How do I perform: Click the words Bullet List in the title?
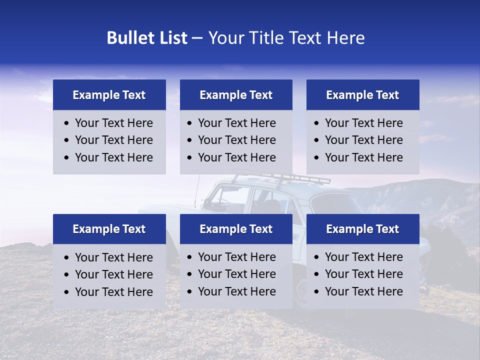click(147, 38)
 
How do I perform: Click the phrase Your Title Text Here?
click(286, 38)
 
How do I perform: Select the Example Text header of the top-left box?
click(109, 95)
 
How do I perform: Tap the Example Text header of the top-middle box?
click(236, 95)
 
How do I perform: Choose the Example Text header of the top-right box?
click(362, 95)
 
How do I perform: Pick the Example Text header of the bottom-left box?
click(109, 229)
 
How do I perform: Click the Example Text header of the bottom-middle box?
click(236, 229)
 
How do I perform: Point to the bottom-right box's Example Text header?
click(362, 229)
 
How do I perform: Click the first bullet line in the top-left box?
click(113, 123)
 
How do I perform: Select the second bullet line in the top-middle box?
click(236, 140)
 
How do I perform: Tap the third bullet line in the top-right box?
click(363, 157)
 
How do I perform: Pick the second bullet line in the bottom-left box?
click(113, 274)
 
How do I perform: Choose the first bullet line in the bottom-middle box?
click(236, 257)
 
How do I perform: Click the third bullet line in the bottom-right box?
click(363, 291)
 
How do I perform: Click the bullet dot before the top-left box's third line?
click(67, 158)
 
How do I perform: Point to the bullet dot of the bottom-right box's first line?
click(317, 257)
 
